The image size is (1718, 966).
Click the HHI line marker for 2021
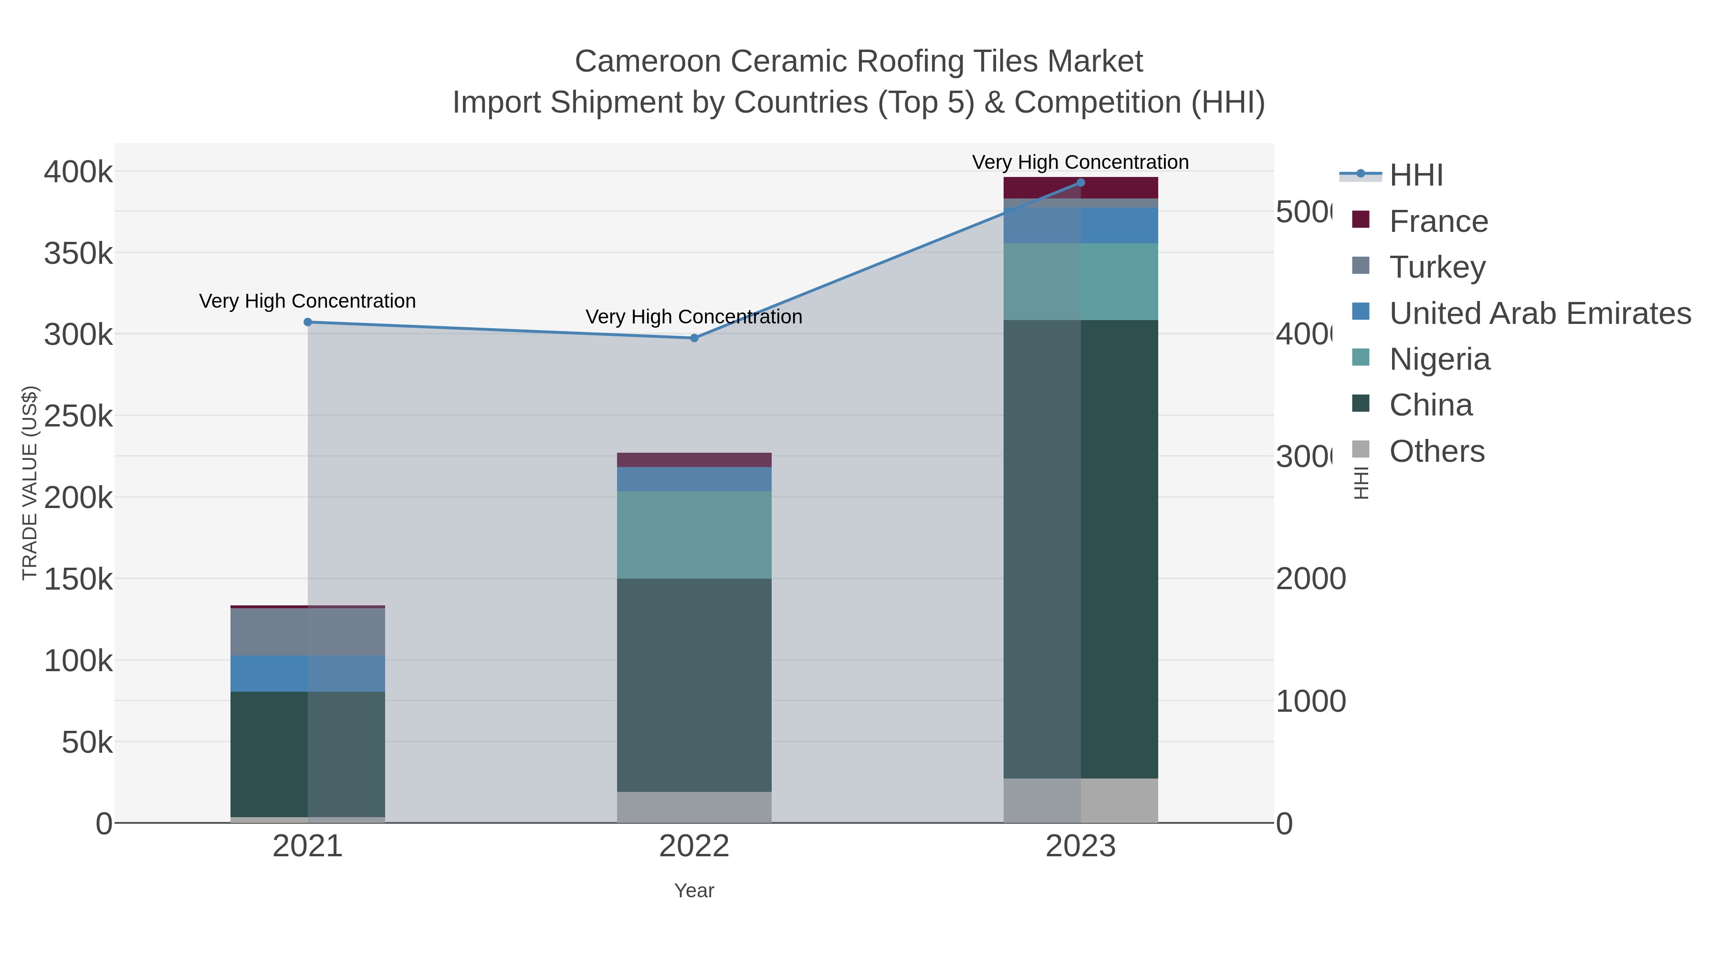tap(307, 322)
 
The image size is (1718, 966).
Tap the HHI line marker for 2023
tap(1080, 183)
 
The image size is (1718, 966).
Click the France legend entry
tap(1438, 221)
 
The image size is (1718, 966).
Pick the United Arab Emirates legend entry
tap(1539, 313)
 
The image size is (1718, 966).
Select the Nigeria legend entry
tap(1439, 359)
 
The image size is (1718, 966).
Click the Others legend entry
tap(1436, 451)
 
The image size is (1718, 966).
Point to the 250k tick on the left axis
tap(78, 416)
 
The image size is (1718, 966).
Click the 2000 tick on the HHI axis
tap(1310, 579)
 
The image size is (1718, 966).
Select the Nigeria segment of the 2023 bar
tap(1080, 281)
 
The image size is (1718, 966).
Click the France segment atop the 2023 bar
tap(1080, 188)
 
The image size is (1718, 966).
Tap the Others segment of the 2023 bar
tap(1080, 800)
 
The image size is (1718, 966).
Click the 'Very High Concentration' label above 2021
tap(307, 301)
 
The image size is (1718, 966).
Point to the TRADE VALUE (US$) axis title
tap(30, 483)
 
